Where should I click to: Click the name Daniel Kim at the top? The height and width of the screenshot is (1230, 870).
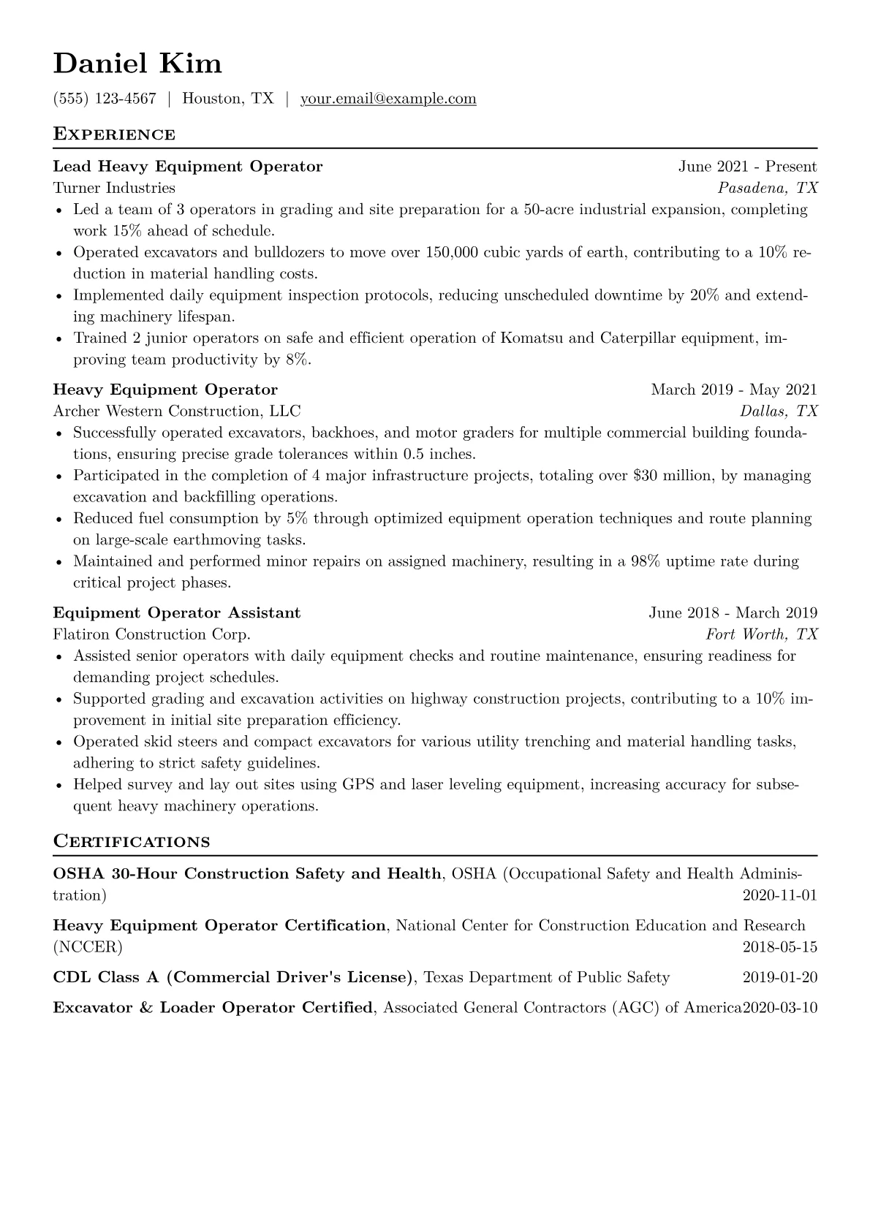click(137, 64)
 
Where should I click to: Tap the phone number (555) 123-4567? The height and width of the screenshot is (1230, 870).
click(105, 99)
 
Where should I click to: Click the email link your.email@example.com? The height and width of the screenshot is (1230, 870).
click(388, 99)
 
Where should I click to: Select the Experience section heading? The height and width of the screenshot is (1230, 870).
click(114, 134)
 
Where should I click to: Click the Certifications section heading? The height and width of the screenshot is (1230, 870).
click(132, 842)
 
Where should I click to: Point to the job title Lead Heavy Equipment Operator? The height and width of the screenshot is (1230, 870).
click(188, 167)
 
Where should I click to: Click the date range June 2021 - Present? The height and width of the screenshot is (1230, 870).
click(747, 167)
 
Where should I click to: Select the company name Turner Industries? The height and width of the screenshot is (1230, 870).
click(114, 188)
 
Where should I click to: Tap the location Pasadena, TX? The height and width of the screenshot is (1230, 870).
click(767, 188)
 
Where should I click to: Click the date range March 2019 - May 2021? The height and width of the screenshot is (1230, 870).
click(733, 390)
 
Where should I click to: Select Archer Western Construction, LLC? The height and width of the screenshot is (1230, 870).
click(177, 411)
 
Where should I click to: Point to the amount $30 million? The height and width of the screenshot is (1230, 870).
click(672, 476)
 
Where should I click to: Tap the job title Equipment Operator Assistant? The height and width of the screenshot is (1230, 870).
click(177, 612)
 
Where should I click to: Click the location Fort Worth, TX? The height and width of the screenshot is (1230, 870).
click(761, 634)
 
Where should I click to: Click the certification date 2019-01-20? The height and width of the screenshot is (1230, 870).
click(779, 978)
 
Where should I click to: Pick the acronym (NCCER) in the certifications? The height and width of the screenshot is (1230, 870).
click(88, 948)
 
